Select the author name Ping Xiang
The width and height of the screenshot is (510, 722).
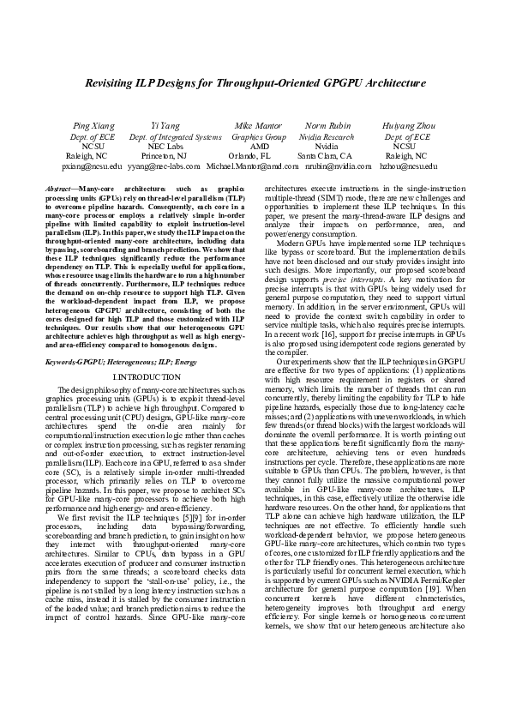click(93, 125)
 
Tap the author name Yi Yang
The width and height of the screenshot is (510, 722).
click(174, 125)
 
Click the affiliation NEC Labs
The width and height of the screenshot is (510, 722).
click(174, 146)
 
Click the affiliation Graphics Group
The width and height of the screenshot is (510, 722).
click(259, 135)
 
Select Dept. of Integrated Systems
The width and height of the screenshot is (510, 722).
click(174, 135)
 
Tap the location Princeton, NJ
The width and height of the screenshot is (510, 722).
click(174, 156)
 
